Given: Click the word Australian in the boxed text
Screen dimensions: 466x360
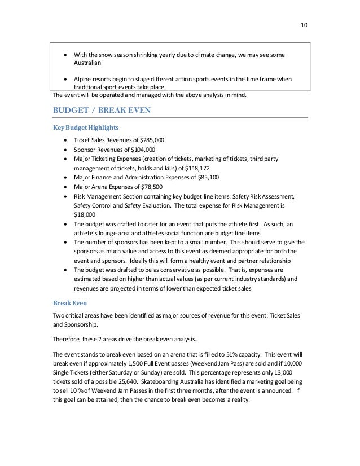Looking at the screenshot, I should coord(90,64).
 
